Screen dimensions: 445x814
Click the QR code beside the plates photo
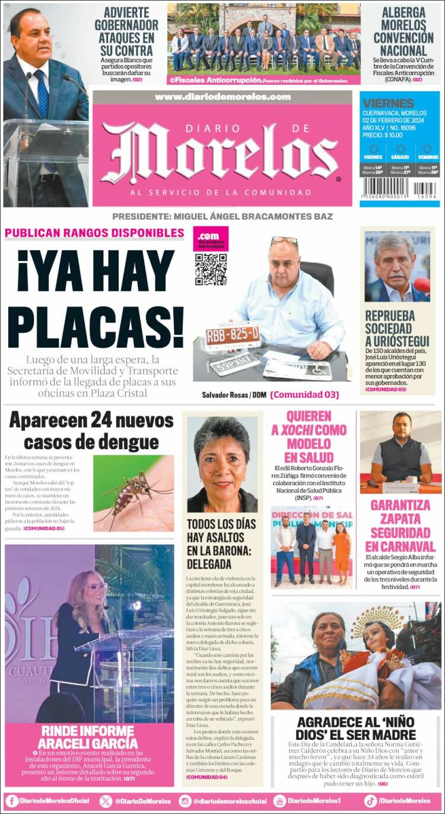click(x=211, y=269)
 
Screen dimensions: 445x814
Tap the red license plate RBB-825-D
click(x=233, y=336)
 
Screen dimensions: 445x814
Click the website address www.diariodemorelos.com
click(x=223, y=97)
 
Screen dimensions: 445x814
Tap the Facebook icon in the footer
click(x=12, y=801)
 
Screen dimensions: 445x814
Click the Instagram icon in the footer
click(x=186, y=801)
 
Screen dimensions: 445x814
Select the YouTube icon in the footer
click(x=279, y=801)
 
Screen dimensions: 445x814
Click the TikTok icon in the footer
click(x=371, y=801)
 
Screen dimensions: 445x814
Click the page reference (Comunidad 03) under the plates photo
click(x=304, y=395)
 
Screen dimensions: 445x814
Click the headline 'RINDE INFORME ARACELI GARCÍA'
click(x=88, y=736)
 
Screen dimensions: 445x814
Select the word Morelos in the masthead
click(x=222, y=153)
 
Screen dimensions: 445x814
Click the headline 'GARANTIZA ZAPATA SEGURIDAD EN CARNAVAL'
click(x=400, y=525)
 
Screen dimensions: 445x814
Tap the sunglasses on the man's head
click(x=284, y=241)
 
